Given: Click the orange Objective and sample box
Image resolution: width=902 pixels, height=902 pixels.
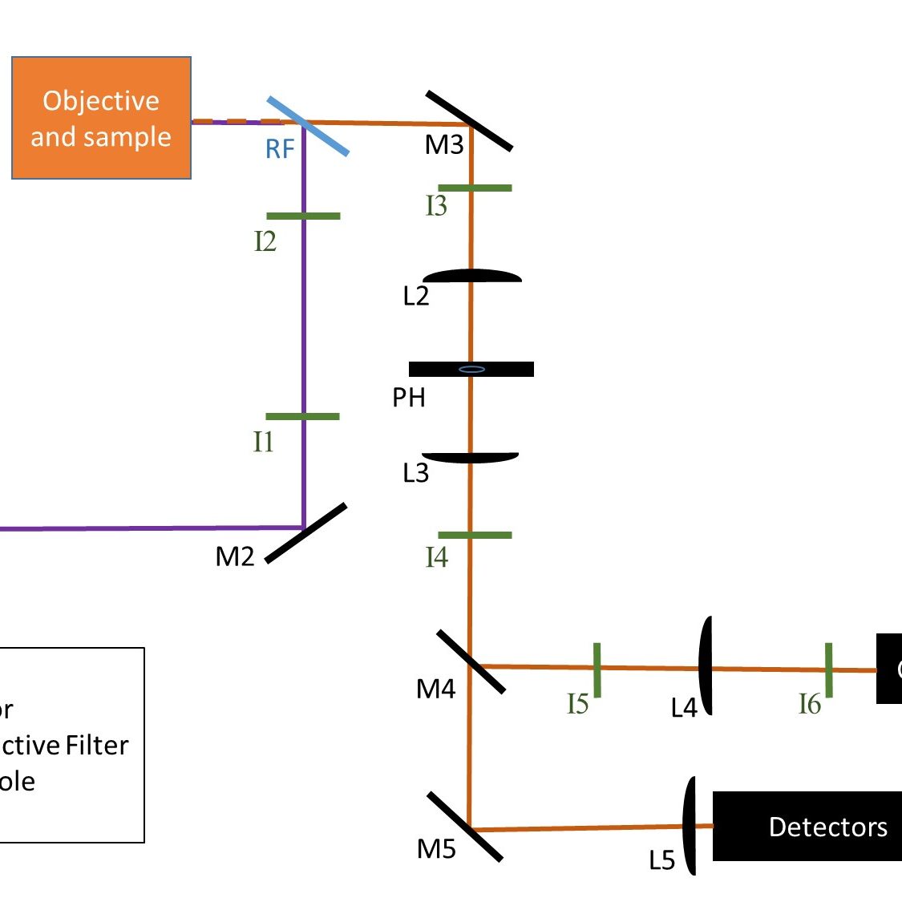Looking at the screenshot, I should (x=101, y=118).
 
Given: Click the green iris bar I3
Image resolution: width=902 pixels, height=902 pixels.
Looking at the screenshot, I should (x=475, y=188).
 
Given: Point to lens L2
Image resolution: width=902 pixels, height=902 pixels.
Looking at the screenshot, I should (x=472, y=277).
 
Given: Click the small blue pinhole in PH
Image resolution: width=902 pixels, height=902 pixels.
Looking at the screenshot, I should (x=471, y=370).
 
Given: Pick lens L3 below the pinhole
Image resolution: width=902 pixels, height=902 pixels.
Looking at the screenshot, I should (x=471, y=458).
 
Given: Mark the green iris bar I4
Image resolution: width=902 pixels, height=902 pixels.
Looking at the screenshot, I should (x=475, y=535).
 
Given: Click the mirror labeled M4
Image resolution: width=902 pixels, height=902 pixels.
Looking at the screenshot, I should (x=471, y=661).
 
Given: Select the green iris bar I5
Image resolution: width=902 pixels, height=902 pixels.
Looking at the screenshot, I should (x=597, y=669).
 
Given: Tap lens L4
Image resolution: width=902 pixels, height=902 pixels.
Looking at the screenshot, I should (x=706, y=666).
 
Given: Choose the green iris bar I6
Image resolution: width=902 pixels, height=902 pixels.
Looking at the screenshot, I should (x=828, y=669).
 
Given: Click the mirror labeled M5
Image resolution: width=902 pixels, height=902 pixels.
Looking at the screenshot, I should (x=465, y=827).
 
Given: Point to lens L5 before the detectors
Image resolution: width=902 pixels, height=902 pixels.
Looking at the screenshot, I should (x=689, y=826).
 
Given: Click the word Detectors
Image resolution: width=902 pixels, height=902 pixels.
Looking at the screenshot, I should (x=827, y=827).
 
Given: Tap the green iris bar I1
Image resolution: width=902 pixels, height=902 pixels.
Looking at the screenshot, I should (x=302, y=417).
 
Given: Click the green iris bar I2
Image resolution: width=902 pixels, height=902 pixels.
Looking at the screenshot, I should (x=303, y=216).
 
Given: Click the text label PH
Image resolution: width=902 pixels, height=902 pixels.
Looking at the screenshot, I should (x=409, y=398).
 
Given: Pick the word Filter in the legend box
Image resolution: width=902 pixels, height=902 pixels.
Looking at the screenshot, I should (x=97, y=746).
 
